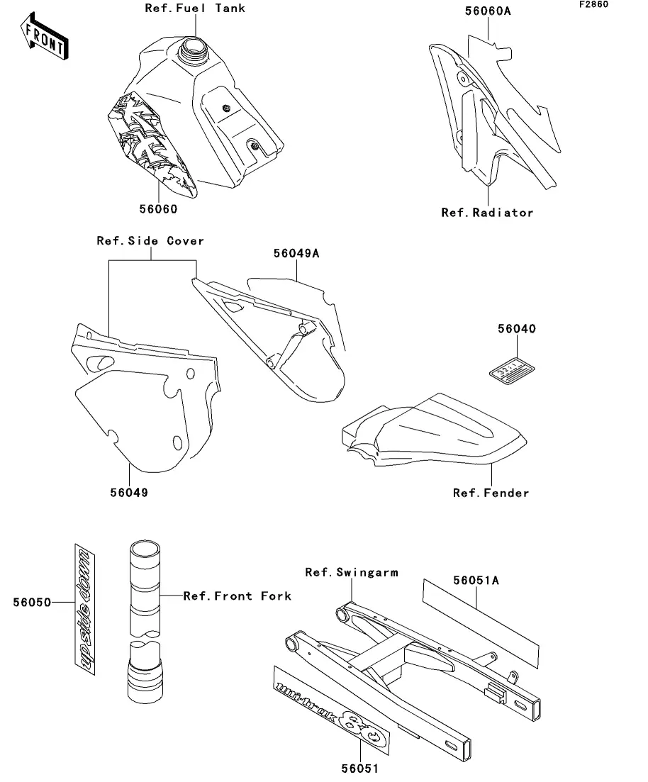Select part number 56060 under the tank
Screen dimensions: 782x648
pos(157,209)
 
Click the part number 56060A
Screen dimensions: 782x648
pos(488,12)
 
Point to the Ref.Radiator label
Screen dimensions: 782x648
pos(487,212)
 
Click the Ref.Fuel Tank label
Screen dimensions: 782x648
pos(195,9)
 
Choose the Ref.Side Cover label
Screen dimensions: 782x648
pos(150,241)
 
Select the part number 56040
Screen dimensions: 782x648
pos(516,329)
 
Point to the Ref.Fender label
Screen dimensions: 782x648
pos(491,492)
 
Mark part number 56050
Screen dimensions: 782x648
pos(32,603)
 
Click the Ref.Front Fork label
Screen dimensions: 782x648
pos(237,596)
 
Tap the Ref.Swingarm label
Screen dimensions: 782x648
pos(352,572)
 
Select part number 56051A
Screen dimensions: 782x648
pos(476,581)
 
